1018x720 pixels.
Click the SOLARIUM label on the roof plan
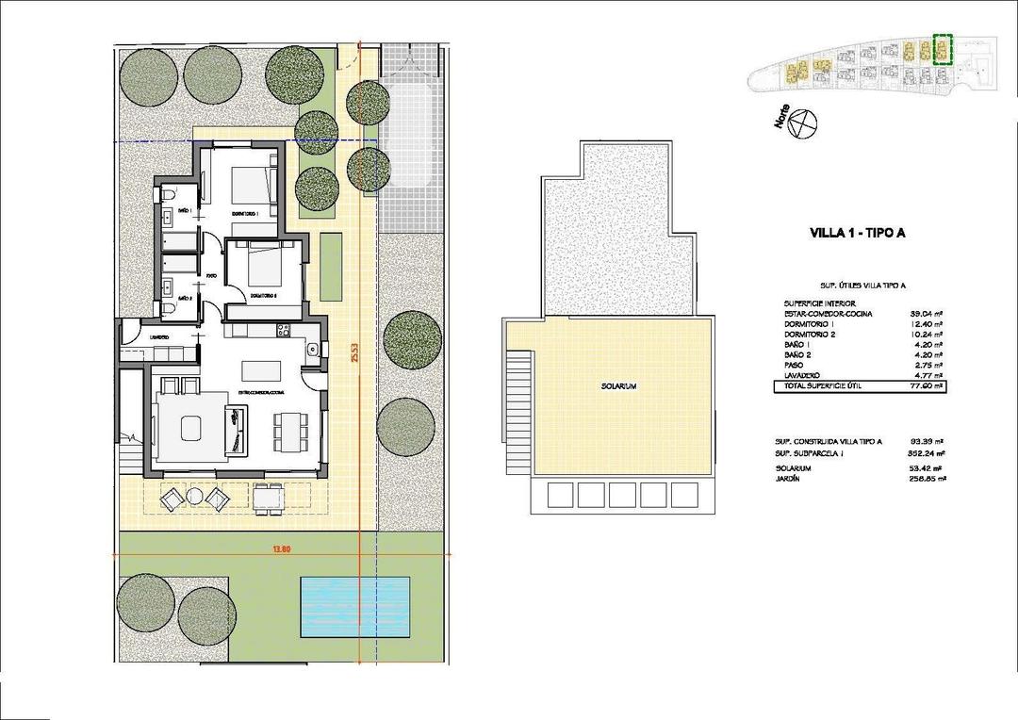coord(618,386)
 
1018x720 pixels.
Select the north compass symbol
coord(801,123)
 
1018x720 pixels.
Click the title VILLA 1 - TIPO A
coord(857,234)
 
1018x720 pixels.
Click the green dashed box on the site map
coord(942,50)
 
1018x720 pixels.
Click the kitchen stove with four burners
coord(280,330)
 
